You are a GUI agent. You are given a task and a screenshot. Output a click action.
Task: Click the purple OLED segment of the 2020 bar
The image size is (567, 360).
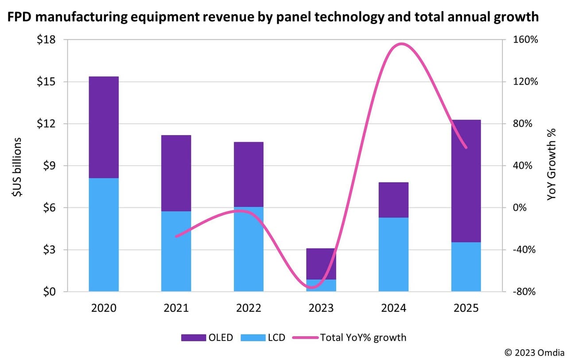(104, 127)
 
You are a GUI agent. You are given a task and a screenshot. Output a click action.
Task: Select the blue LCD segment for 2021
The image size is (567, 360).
(176, 251)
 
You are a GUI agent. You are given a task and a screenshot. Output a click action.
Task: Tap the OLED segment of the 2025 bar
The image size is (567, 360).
(466, 181)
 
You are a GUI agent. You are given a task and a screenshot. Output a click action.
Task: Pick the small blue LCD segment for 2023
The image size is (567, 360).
(321, 285)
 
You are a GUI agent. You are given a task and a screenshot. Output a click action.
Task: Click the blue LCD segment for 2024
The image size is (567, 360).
(393, 254)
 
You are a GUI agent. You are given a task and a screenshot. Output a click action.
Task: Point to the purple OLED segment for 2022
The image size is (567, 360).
(249, 174)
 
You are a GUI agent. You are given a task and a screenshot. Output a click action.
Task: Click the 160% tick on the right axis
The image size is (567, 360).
(525, 40)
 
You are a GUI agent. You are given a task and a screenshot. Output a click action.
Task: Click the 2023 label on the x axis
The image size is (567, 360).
(321, 308)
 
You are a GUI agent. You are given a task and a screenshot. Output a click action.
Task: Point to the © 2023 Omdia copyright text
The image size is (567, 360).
(534, 352)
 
